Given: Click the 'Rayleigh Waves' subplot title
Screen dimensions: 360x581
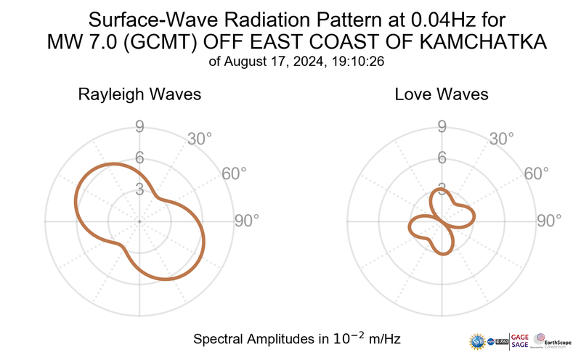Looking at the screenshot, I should [x=139, y=94].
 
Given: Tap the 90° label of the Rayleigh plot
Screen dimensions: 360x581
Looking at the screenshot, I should [x=246, y=221].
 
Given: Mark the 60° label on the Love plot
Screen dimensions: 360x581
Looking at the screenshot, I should [x=536, y=173].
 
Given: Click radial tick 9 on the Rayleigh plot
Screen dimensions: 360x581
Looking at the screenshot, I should [x=139, y=128].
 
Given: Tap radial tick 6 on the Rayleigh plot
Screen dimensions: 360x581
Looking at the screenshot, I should [x=139, y=159].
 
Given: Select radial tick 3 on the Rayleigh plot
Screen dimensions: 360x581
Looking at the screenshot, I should [x=139, y=190].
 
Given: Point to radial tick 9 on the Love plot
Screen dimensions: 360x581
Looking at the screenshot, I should [x=441, y=128].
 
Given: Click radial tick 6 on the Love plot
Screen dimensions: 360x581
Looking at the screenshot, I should [x=441, y=159].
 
